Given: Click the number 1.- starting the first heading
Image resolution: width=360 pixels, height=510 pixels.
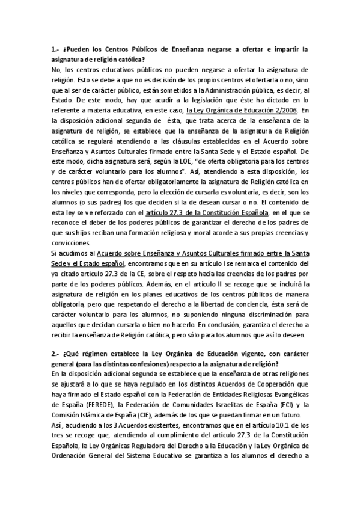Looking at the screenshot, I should (x=56, y=50).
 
